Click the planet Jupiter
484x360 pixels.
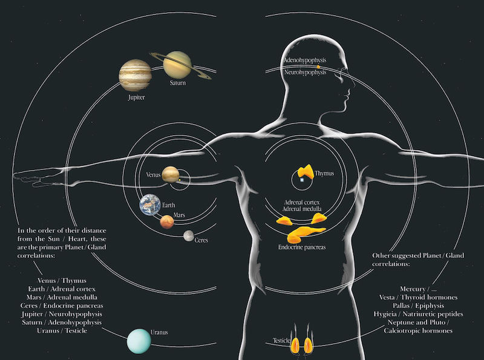pos(135,74)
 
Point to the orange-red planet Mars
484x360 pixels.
pos(167,222)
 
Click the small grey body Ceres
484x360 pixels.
pos(189,235)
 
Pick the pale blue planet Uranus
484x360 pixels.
pos(139,341)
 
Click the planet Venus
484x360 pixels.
pos(170,175)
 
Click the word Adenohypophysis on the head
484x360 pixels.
pos(306,61)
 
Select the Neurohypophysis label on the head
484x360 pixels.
pos(306,72)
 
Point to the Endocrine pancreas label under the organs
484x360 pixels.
pos(302,247)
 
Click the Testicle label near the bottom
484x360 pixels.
pos(283,341)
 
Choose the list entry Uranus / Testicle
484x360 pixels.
pos(62,331)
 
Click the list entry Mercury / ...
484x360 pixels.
pos(416,289)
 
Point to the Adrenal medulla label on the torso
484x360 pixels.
pos(300,208)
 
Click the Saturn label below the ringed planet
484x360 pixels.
pos(178,83)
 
